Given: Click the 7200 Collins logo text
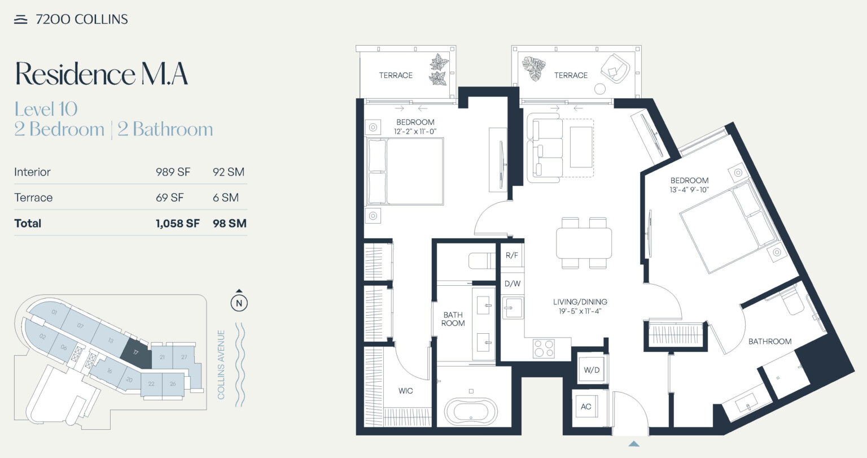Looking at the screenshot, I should (81, 19).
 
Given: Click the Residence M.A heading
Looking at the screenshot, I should (101, 74).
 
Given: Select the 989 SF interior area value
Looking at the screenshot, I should (173, 172).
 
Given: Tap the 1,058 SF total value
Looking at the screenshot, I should (177, 224).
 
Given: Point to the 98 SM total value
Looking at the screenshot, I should (229, 224).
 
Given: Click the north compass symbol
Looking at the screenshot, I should (239, 303).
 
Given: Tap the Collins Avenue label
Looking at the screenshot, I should (221, 365).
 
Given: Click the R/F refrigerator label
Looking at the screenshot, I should (511, 256).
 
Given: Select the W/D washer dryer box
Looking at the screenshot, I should (592, 370).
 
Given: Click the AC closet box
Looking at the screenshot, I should (586, 407).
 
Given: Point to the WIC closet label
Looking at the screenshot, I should (405, 391).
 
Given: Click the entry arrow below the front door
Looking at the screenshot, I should (634, 443).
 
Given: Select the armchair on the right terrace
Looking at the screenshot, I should (614, 69).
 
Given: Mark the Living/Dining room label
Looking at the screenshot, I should (580, 302).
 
